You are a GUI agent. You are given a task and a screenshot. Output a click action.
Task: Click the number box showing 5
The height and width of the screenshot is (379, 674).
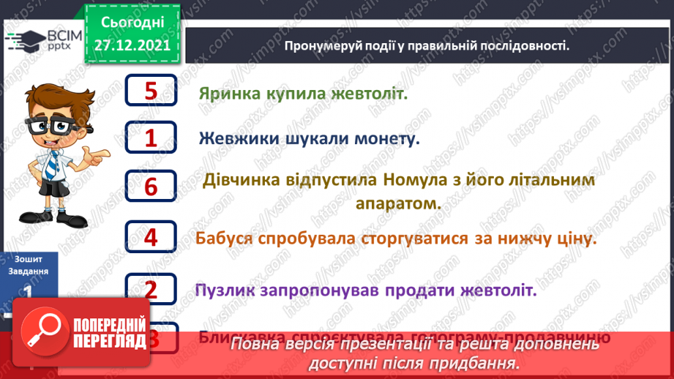tap(151, 91)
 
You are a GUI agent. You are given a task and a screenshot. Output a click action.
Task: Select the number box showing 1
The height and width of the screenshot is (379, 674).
tap(151, 138)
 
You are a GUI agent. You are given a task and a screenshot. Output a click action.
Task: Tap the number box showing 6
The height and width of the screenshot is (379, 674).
tap(151, 187)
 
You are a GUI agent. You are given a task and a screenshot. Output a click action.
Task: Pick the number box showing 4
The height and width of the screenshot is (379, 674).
tap(151, 237)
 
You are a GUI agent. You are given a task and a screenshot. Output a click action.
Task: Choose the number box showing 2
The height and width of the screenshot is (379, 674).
tap(151, 289)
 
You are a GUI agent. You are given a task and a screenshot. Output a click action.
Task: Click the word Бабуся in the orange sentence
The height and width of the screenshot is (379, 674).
tap(225, 239)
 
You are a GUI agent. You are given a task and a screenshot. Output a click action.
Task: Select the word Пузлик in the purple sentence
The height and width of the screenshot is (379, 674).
tap(225, 290)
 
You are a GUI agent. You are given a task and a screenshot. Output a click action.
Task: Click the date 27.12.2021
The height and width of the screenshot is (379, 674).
tap(132, 45)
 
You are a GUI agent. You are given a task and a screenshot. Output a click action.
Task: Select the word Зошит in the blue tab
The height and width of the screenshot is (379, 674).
tap(28, 259)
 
